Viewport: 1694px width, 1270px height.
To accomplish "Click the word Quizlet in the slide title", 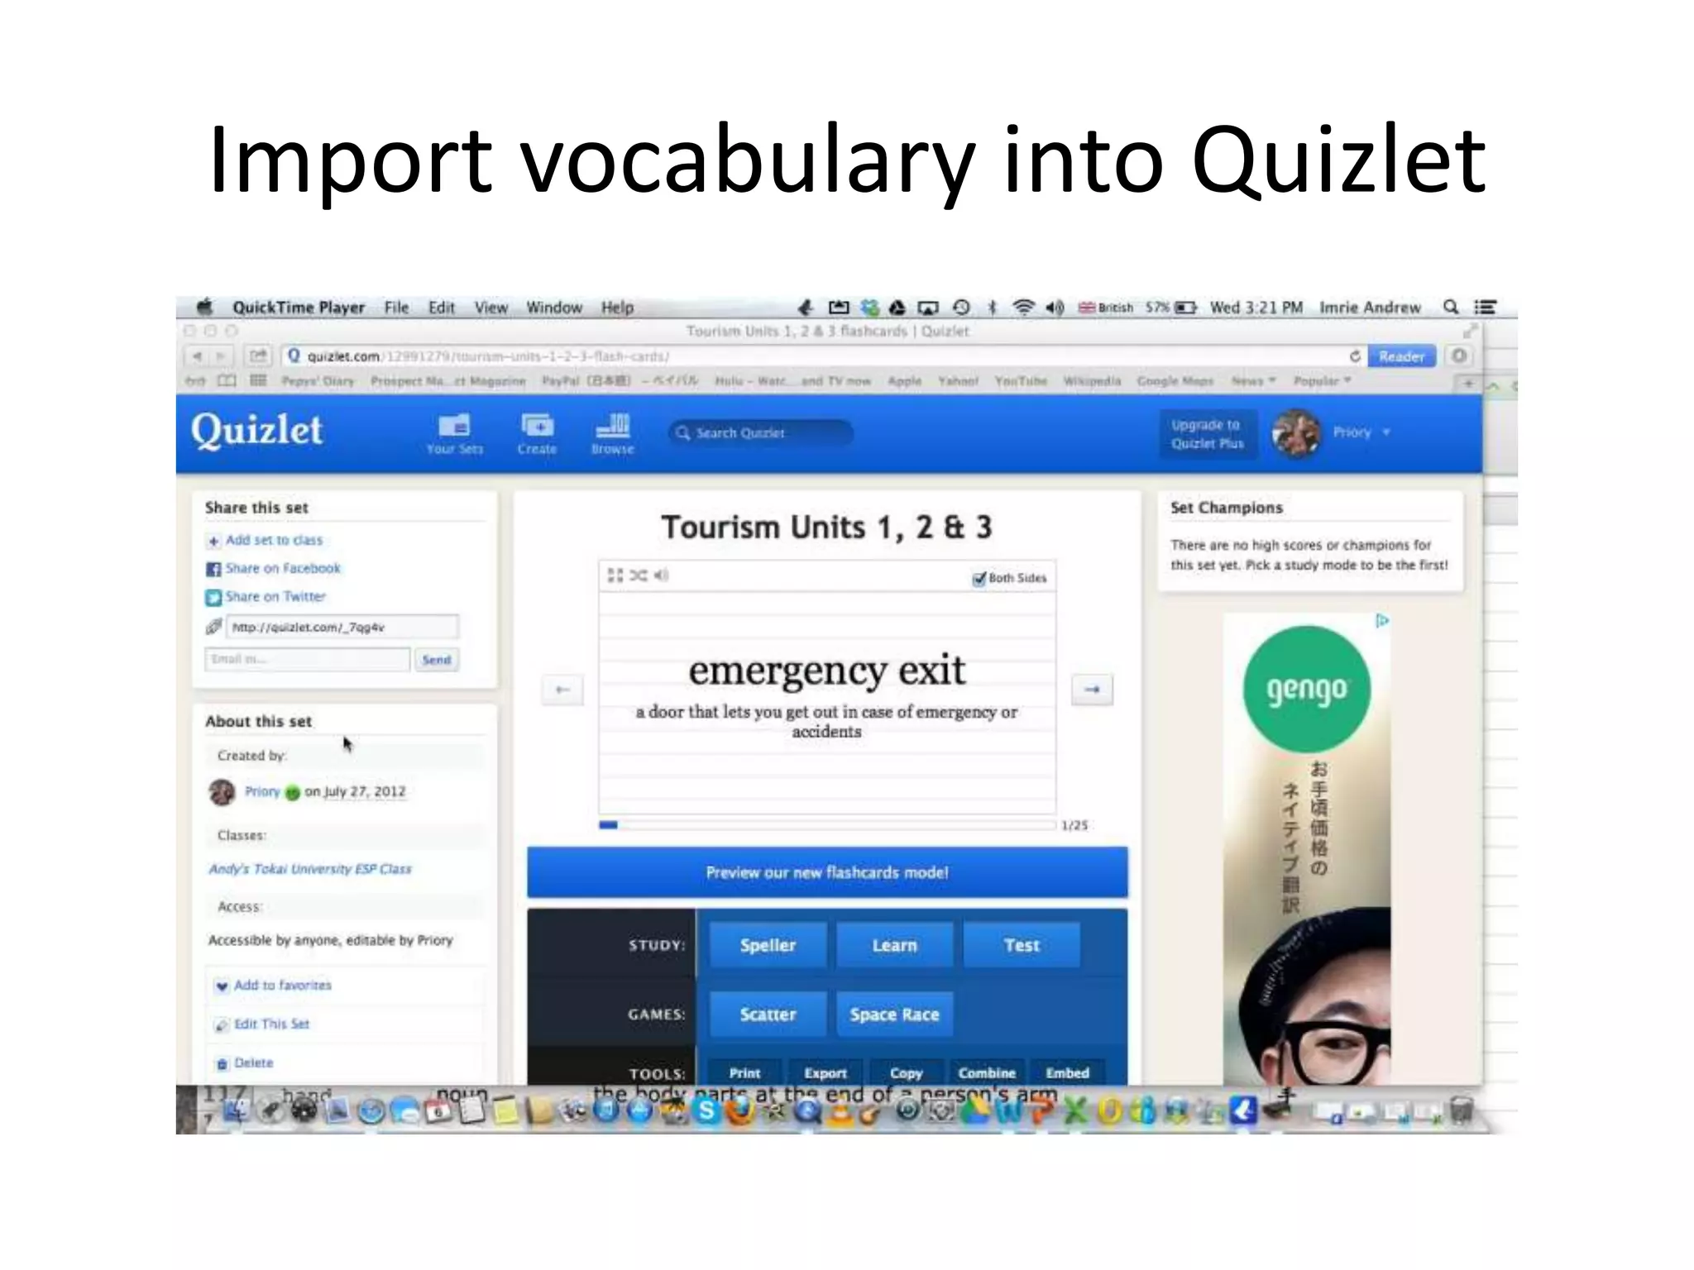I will click(1338, 159).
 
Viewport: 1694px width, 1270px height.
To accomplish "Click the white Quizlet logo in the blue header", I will click(256, 431).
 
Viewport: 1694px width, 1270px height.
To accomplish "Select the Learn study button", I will click(894, 945).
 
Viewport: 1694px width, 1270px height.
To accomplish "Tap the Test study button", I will click(1022, 945).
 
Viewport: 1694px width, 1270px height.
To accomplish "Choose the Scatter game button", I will click(768, 1015).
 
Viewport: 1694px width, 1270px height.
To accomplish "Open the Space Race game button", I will click(894, 1015).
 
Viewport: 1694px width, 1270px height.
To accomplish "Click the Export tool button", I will click(825, 1072).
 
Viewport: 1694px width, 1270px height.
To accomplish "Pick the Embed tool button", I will click(1067, 1072).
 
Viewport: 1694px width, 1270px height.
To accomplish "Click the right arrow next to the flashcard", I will click(1092, 689).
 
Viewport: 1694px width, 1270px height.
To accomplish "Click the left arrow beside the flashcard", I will click(562, 689).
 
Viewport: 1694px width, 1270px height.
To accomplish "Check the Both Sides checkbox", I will click(979, 578).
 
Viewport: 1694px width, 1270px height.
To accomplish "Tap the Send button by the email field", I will click(437, 659).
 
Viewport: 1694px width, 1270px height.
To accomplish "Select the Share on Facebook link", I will click(282, 568).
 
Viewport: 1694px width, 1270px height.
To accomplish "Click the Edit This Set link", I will click(271, 1024).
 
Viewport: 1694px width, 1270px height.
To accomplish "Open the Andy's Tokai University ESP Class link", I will click(310, 868).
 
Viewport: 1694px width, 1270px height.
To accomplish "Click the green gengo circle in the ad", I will click(1307, 688).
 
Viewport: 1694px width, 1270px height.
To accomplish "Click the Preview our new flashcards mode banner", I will click(827, 872).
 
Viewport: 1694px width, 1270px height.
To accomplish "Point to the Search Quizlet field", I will click(761, 432).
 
